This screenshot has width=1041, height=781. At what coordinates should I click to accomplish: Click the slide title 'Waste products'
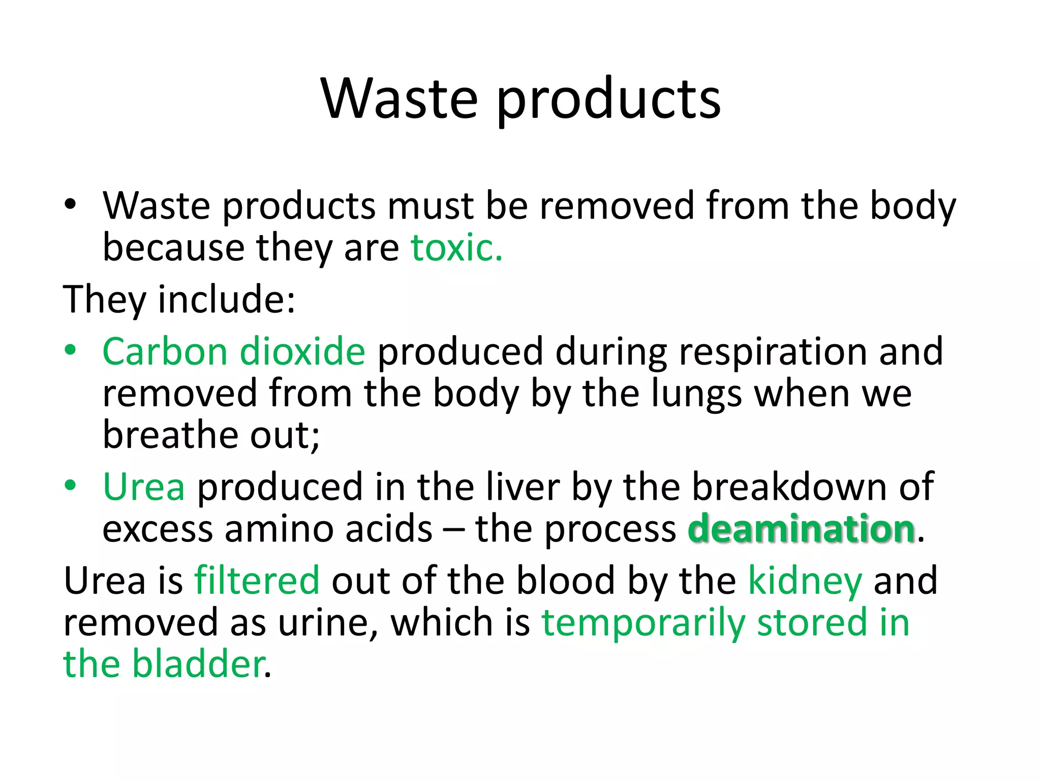(520, 99)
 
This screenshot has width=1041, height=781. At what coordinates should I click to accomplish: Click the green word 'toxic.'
(456, 248)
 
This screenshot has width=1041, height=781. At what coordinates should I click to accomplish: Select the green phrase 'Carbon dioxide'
(234, 351)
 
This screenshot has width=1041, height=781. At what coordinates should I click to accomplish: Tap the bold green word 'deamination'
(802, 529)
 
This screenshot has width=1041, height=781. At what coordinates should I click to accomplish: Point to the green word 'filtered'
(257, 580)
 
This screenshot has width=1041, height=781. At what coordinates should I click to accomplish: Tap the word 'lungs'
(696, 394)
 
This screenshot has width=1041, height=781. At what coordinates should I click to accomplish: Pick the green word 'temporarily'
(643, 623)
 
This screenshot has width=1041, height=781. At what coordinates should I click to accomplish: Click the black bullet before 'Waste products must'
(70, 205)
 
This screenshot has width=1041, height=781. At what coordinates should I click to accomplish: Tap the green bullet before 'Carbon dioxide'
(70, 350)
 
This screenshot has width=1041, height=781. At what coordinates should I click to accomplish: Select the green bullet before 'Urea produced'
(70, 486)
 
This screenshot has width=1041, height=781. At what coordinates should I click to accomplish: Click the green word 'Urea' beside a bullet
(144, 487)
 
